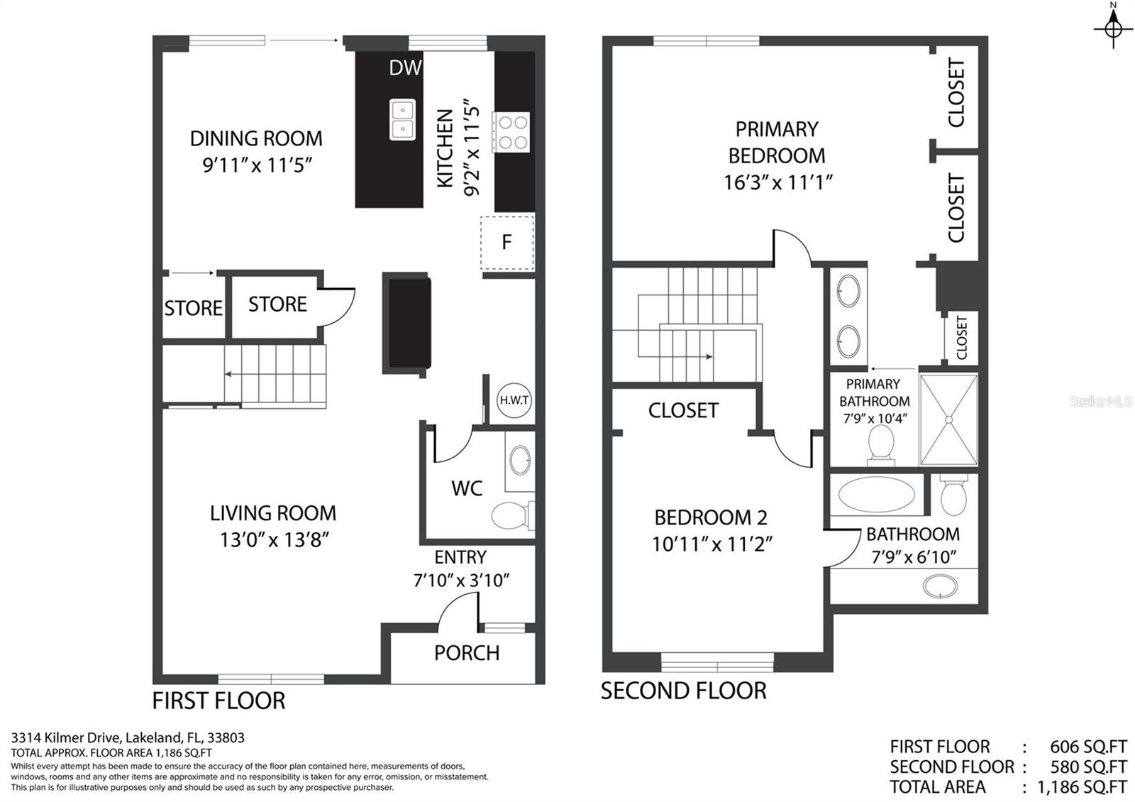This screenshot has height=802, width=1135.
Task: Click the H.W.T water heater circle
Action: pos(514,400)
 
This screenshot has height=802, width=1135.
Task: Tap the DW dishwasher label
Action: pos(405,68)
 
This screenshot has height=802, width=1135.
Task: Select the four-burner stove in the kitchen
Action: pos(511,132)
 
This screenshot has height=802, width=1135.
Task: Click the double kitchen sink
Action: pos(402,120)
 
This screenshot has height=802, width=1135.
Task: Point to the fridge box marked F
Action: pos(507,243)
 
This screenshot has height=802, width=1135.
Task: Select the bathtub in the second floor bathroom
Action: pos(877,494)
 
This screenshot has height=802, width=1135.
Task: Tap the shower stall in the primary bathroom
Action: pos(948,419)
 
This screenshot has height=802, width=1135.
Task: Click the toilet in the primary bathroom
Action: pos(880,445)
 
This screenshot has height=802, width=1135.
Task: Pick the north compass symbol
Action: pos(1113,26)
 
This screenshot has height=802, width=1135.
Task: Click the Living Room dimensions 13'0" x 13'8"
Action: pos(275,540)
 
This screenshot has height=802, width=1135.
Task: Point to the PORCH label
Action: pos(467,653)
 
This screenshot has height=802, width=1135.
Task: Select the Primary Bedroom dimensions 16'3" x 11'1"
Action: pos(777,182)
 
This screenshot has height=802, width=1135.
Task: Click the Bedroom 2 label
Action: pos(711,517)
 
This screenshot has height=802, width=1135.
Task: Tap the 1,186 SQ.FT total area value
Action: pos(1083,787)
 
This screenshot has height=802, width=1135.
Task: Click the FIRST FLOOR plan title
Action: pos(219,701)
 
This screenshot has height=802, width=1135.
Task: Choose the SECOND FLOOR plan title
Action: pos(684,691)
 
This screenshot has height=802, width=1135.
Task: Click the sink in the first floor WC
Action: pos(520,461)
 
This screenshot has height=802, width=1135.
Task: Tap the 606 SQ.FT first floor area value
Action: pos(1089,746)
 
